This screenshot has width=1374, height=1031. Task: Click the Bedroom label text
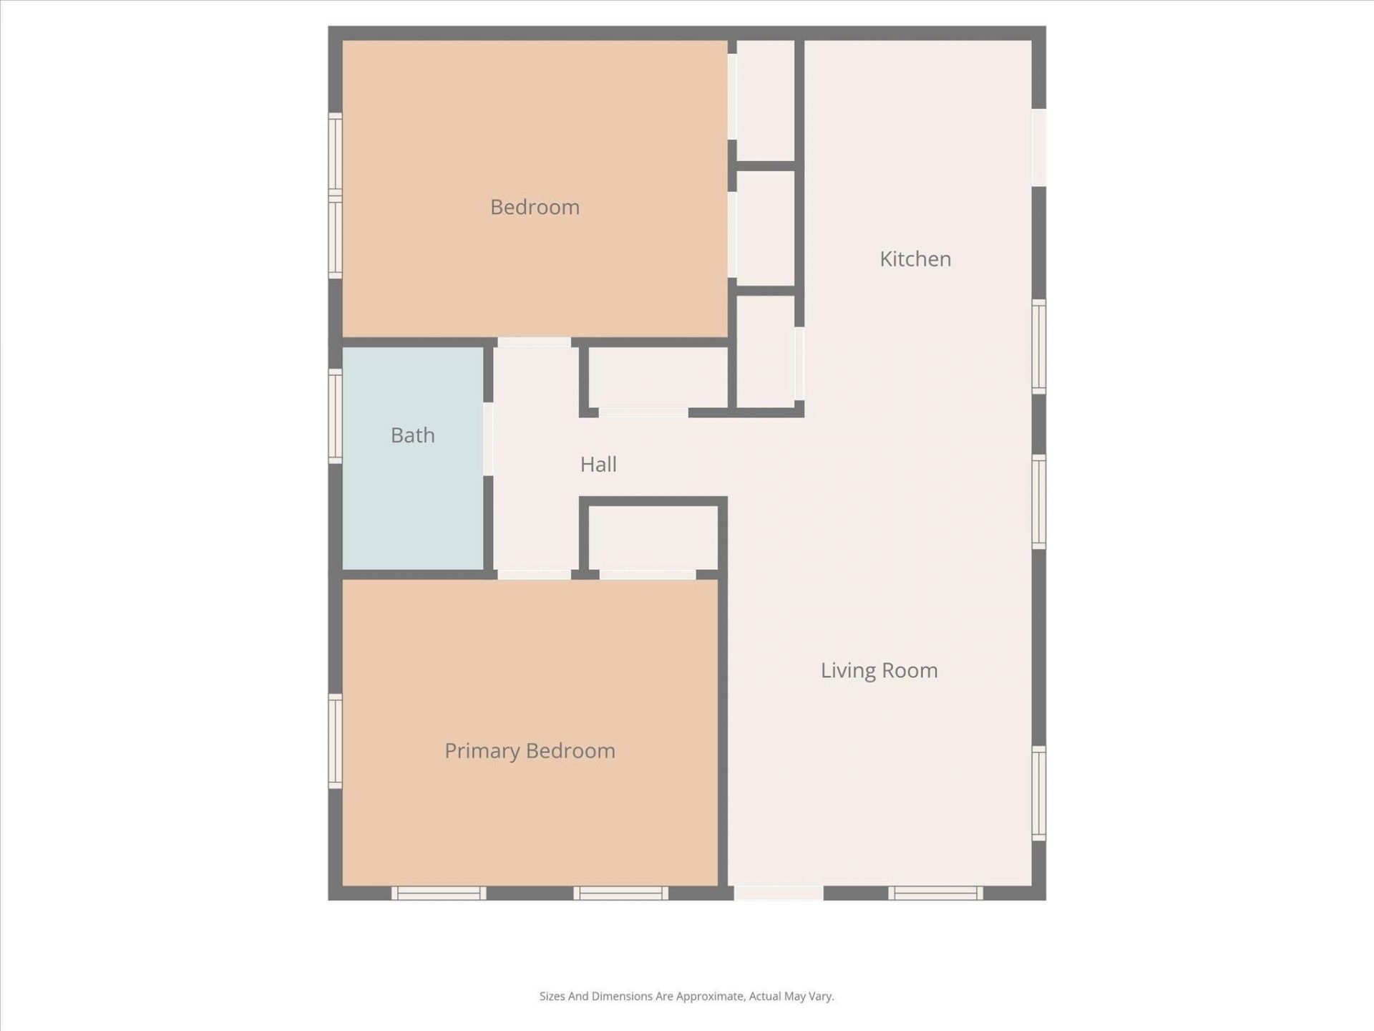tap(535, 207)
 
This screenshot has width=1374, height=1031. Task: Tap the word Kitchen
tap(915, 258)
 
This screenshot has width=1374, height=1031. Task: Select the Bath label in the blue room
tap(413, 435)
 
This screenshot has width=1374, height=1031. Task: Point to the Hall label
tap(598, 464)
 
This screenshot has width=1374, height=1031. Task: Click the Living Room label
tap(879, 670)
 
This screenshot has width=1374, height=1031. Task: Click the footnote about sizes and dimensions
tap(686, 996)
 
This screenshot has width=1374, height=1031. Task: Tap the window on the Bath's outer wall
tap(335, 415)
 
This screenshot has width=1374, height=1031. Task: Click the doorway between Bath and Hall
tap(488, 439)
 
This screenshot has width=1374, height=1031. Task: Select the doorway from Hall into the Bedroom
tap(534, 342)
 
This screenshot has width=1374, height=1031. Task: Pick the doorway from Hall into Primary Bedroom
tap(534, 574)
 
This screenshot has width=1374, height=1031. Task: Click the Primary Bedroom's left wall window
tap(335, 741)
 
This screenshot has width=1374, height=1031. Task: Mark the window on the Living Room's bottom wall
tap(935, 893)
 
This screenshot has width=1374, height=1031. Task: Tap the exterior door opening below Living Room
tap(779, 893)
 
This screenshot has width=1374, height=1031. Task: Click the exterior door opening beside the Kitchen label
tap(1039, 147)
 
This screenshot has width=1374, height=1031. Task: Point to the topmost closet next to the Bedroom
tap(766, 100)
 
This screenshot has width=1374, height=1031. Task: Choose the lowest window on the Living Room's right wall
tap(1039, 793)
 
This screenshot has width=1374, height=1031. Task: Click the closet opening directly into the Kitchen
tap(766, 351)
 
